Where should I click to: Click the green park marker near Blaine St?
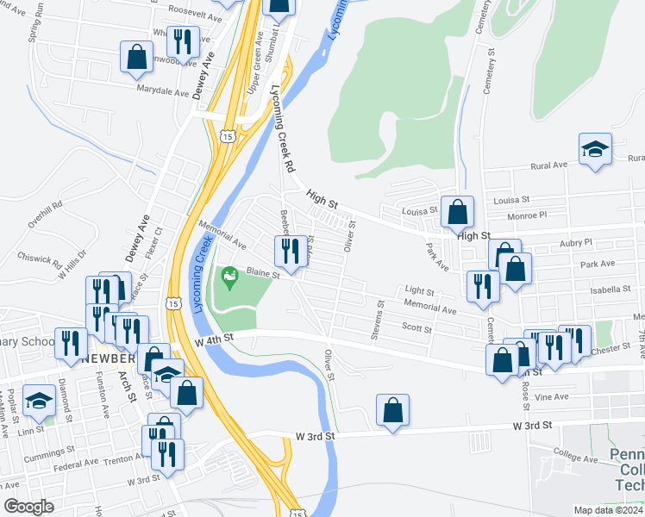coord(229,277)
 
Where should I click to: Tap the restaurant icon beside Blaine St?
coord(287,251)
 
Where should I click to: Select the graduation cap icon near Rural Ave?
coord(595,149)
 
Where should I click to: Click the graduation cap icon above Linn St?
coord(38,400)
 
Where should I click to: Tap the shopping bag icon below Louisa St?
coord(457,211)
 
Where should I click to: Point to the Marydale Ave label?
coord(162,92)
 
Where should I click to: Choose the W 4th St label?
coord(216,341)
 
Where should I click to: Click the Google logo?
coord(28,507)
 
